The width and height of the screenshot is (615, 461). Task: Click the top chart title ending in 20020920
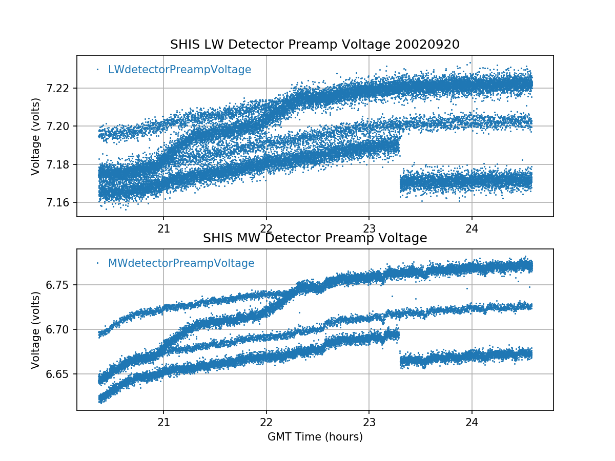point(315,45)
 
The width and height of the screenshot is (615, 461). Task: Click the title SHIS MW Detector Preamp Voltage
point(315,238)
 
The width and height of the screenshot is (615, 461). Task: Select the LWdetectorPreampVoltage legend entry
point(179,70)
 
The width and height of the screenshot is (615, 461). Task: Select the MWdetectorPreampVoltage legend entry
point(181,263)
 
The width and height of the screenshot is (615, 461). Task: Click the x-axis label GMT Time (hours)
point(315,437)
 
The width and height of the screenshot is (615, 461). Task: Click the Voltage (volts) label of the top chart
point(35,136)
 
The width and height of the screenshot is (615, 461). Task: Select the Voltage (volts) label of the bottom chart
point(35,330)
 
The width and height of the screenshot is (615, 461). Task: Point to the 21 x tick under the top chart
point(163,228)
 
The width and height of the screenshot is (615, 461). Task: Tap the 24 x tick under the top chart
point(472,228)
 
